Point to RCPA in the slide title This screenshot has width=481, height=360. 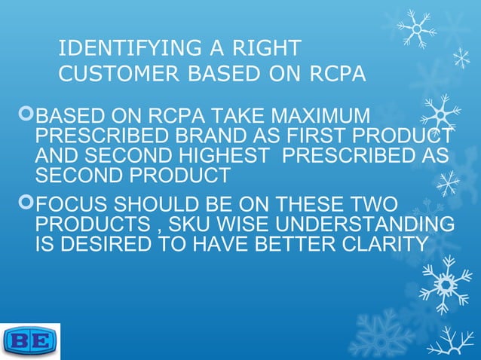[338, 74]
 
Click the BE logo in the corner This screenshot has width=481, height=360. [30, 341]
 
